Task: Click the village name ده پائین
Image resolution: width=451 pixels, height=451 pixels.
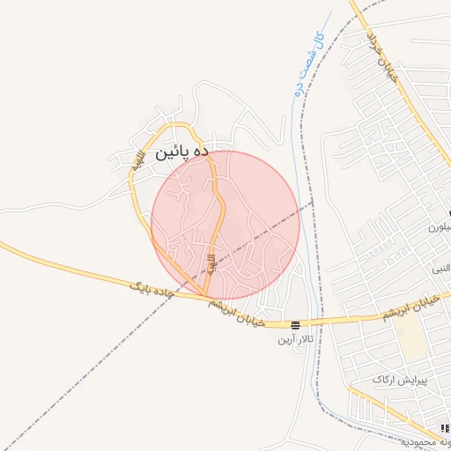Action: click(182, 152)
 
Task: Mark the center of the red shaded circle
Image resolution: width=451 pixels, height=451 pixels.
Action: click(225, 225)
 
